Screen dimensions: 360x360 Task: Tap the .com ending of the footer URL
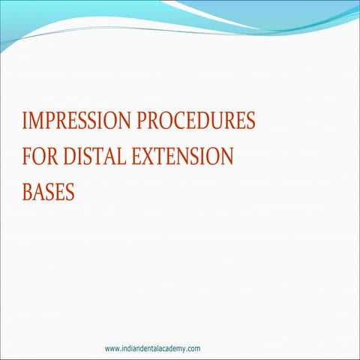pyautogui.click(x=191, y=349)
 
